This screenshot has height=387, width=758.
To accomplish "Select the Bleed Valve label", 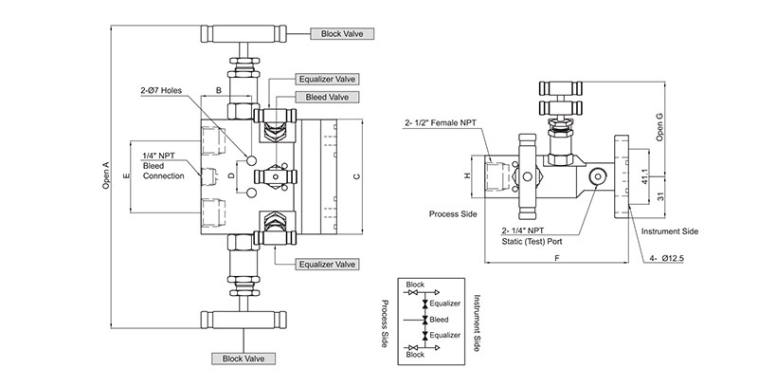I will click(325, 97).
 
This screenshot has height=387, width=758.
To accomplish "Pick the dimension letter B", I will click(219, 90).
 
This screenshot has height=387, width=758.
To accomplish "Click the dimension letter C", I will click(354, 176).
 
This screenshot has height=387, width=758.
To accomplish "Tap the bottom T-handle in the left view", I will click(244, 318).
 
